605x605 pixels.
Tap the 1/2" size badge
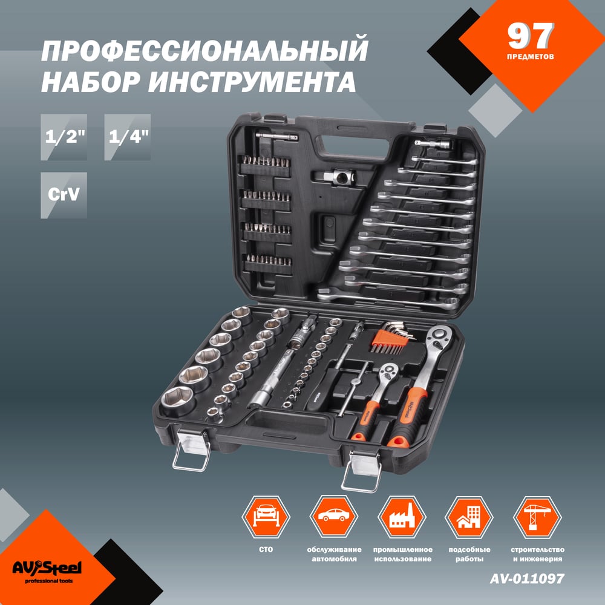[64, 137]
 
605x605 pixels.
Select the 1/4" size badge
[127, 137]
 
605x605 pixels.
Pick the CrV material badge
[64, 195]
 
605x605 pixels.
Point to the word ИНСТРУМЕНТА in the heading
[252, 82]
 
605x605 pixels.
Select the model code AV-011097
[527, 578]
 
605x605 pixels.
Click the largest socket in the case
[178, 401]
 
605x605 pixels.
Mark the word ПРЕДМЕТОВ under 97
[530, 57]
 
